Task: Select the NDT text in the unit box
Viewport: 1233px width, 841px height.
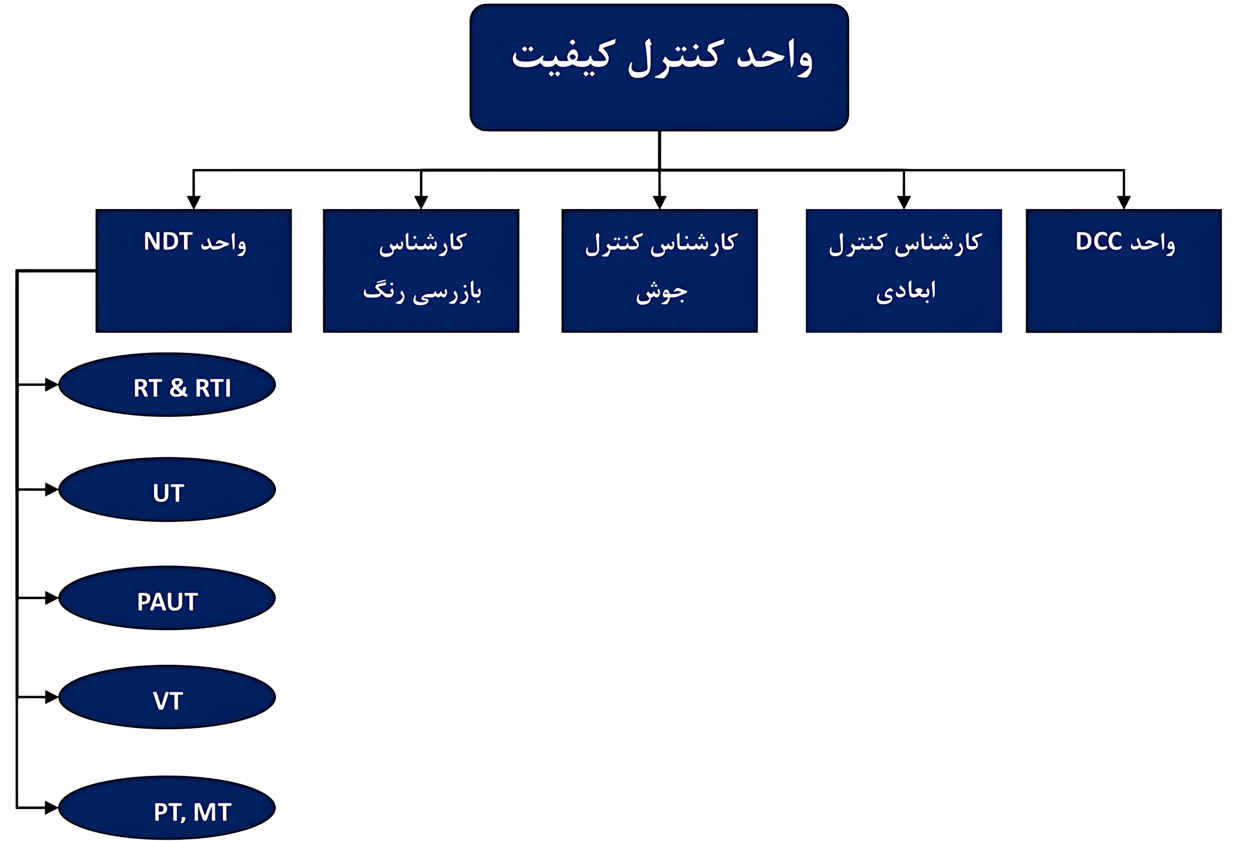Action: (x=168, y=241)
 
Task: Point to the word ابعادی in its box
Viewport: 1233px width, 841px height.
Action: (x=905, y=291)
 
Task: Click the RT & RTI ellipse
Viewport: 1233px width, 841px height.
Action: (x=167, y=385)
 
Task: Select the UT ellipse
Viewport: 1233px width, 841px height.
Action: (x=167, y=490)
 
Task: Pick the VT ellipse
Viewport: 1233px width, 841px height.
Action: (x=167, y=697)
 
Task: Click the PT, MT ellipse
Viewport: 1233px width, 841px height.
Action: (x=167, y=808)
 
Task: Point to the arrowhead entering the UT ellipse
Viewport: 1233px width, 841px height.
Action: (x=52, y=489)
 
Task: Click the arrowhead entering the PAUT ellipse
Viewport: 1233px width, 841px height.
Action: (x=52, y=598)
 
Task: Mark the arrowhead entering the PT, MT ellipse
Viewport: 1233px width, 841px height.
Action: (x=52, y=808)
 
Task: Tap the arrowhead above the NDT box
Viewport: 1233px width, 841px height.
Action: (x=194, y=202)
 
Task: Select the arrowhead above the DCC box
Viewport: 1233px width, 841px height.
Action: (x=1124, y=202)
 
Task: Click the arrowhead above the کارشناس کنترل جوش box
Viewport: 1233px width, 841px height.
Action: (x=659, y=202)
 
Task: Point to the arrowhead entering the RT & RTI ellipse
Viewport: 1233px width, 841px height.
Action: (x=52, y=384)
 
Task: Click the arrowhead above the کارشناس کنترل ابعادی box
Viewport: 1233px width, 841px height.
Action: (x=904, y=202)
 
